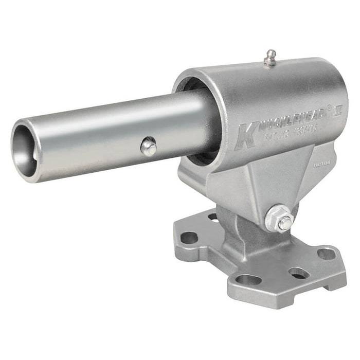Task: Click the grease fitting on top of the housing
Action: [x=269, y=58]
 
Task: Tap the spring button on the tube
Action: [x=149, y=147]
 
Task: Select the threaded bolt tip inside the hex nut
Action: [x=283, y=222]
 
